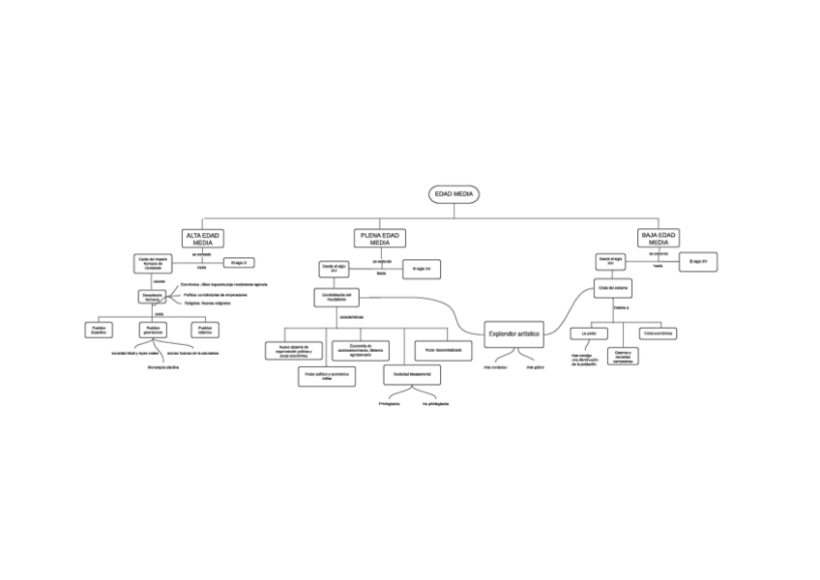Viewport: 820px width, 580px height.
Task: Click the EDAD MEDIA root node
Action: pyautogui.click(x=454, y=194)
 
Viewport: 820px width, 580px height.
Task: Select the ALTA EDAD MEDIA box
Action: pyautogui.click(x=203, y=239)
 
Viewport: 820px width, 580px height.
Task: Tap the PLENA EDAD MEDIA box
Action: pyautogui.click(x=381, y=239)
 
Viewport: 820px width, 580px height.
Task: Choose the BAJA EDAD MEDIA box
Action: pyautogui.click(x=659, y=239)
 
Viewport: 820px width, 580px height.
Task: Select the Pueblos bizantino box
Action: pyautogui.click(x=99, y=330)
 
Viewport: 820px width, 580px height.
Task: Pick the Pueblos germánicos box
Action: pyautogui.click(x=153, y=330)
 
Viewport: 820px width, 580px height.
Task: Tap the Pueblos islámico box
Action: pyautogui.click(x=204, y=330)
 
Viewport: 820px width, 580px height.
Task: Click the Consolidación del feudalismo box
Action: pyautogui.click(x=336, y=298)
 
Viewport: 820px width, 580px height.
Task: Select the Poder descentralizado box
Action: pyautogui.click(x=443, y=348)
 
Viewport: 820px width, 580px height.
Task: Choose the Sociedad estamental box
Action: pyautogui.click(x=412, y=372)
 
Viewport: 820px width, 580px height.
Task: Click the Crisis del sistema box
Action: pyautogui.click(x=613, y=287)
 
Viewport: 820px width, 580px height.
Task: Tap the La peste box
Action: pyautogui.click(x=590, y=333)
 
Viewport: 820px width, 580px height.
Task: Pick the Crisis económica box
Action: pyautogui.click(x=657, y=333)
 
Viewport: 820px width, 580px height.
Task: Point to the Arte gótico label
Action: pyautogui.click(x=536, y=368)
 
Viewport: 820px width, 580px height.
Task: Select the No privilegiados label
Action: pyautogui.click(x=435, y=404)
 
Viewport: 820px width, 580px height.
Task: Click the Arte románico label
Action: pyautogui.click(x=495, y=368)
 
